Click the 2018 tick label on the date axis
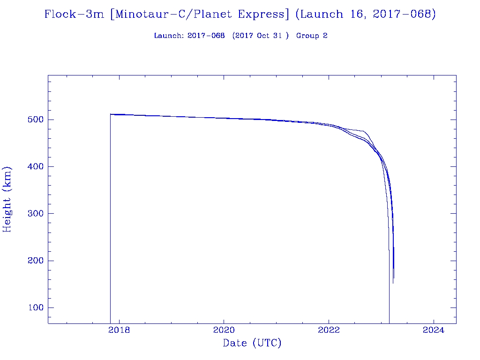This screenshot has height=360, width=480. pyautogui.click(x=119, y=330)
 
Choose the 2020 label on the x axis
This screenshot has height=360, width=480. pyautogui.click(x=224, y=330)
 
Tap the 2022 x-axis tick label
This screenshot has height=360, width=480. pyautogui.click(x=329, y=330)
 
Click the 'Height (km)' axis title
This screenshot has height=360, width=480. pyautogui.click(x=7, y=199)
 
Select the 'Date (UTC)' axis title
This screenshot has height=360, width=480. pyautogui.click(x=252, y=344)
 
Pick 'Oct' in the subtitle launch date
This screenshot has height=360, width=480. pyautogui.click(x=263, y=36)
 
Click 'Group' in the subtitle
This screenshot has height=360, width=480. pyautogui.click(x=307, y=36)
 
